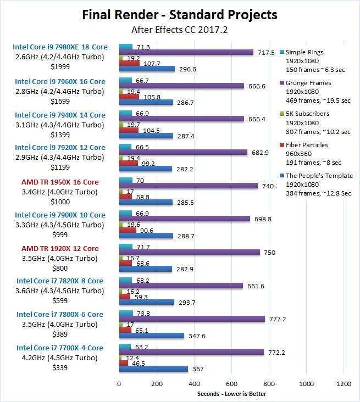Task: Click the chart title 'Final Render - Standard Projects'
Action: pos(180,14)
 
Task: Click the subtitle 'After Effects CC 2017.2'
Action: pos(180,30)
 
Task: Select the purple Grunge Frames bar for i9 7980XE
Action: pos(186,52)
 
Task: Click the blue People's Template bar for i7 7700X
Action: pos(153,369)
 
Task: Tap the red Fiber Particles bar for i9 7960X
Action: pos(129,97)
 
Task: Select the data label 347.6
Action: pos(196,336)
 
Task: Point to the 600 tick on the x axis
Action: pos(231,383)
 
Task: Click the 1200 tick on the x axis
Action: pos(344,383)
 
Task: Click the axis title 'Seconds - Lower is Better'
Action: pos(231,394)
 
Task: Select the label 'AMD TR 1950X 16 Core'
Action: pos(60,182)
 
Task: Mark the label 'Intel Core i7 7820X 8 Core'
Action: pos(60,281)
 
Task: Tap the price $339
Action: pos(60,367)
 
